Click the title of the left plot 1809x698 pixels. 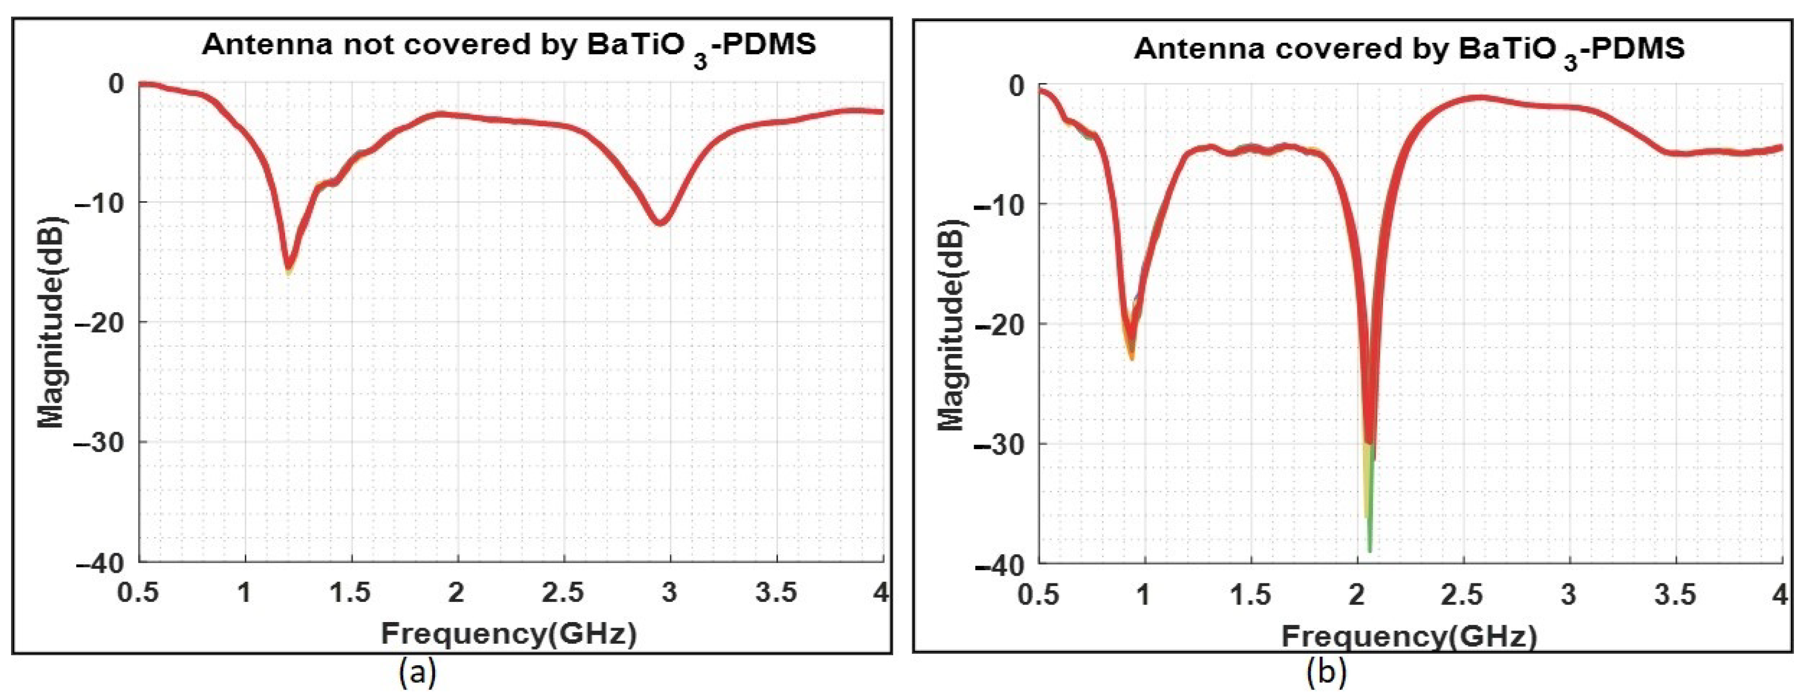click(x=508, y=45)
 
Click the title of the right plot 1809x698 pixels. click(x=1409, y=49)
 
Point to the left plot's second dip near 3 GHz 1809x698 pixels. click(x=660, y=222)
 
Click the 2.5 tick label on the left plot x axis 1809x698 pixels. click(x=562, y=593)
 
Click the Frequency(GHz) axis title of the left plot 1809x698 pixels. click(x=508, y=634)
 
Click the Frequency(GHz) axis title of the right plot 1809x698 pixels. click(x=1409, y=637)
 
